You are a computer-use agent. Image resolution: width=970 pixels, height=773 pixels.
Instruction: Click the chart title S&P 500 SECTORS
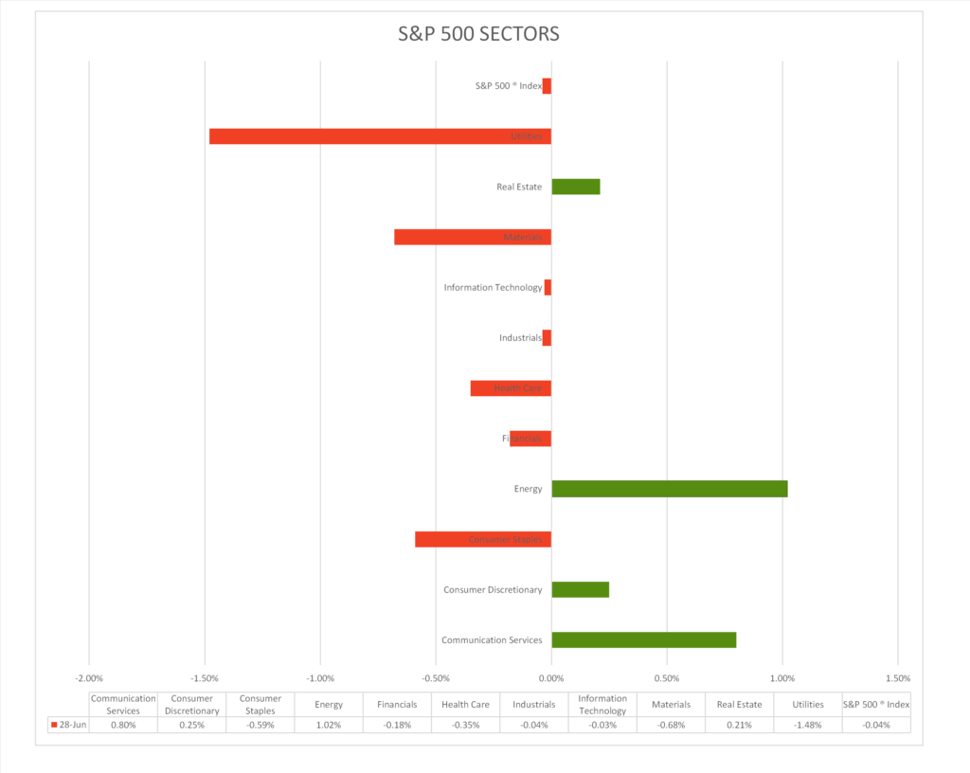(478, 35)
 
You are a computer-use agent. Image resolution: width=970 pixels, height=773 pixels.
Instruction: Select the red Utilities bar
(380, 136)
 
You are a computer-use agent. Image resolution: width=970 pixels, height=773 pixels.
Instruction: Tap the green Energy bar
(669, 489)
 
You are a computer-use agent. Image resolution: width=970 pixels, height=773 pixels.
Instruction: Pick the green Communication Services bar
(643, 639)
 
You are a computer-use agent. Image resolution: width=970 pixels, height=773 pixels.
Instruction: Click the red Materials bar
(473, 237)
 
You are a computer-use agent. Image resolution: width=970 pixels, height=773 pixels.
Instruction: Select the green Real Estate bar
(576, 187)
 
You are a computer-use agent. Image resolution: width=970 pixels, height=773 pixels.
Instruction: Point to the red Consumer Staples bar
(483, 539)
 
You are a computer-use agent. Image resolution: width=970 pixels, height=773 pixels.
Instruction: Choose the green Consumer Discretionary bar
(580, 589)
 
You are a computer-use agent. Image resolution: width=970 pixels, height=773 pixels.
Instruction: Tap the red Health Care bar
(511, 388)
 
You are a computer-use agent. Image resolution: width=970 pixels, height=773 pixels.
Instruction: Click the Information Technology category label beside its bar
(493, 287)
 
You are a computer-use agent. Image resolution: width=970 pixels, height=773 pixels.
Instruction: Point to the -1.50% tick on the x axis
(205, 678)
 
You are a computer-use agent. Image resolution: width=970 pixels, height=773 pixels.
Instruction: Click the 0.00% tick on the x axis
(551, 678)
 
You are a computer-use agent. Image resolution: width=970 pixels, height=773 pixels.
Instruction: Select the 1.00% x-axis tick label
(782, 678)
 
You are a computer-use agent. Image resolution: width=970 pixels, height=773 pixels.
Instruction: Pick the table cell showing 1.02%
(329, 725)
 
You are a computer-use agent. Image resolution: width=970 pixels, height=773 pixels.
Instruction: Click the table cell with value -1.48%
(808, 725)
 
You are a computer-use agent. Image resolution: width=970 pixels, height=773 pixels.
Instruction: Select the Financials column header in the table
(397, 705)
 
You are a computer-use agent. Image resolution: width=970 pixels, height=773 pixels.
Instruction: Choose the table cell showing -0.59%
(260, 725)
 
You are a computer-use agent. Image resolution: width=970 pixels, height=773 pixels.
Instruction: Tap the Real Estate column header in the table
(739, 705)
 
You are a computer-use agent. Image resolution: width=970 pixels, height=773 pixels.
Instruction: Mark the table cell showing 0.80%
(123, 725)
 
